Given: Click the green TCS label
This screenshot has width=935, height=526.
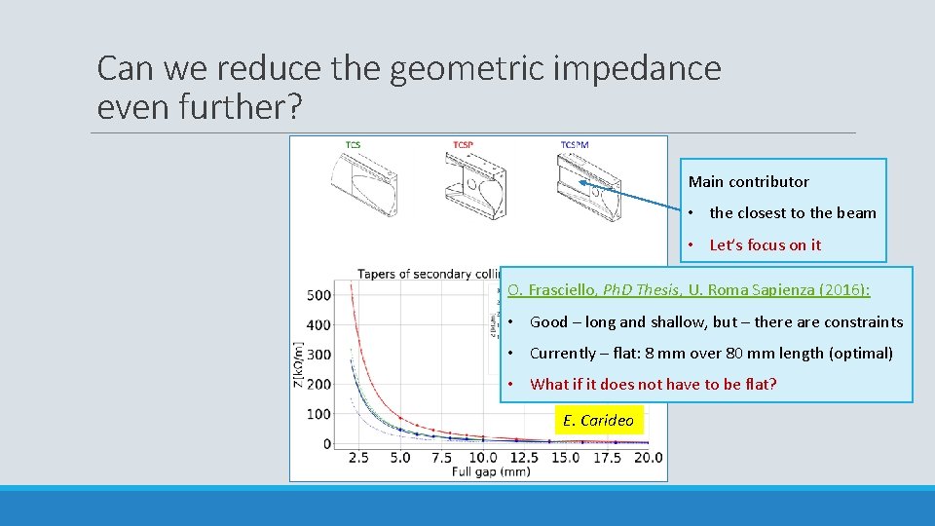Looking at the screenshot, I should [x=353, y=145].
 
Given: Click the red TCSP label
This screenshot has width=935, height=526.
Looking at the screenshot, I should [x=463, y=145].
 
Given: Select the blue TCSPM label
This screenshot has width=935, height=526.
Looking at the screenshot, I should [x=574, y=145].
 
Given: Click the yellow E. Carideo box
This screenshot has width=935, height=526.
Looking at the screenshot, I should [x=598, y=421].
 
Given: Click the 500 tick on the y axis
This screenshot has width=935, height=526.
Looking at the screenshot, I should [x=318, y=295].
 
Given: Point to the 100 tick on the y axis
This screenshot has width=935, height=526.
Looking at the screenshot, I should [x=318, y=414].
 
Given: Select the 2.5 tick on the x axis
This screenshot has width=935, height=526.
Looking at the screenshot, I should [x=357, y=458].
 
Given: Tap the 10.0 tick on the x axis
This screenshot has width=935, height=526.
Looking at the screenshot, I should [x=483, y=458].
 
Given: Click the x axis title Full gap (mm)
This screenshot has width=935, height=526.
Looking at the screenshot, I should [x=492, y=472].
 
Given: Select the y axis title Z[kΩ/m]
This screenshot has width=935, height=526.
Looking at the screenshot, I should [x=299, y=364].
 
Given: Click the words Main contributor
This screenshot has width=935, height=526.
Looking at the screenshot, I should [x=748, y=182].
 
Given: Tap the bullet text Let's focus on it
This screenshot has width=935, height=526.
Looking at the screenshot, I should [x=765, y=245].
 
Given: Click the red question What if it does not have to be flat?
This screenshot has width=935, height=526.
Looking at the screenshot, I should [x=653, y=384].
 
